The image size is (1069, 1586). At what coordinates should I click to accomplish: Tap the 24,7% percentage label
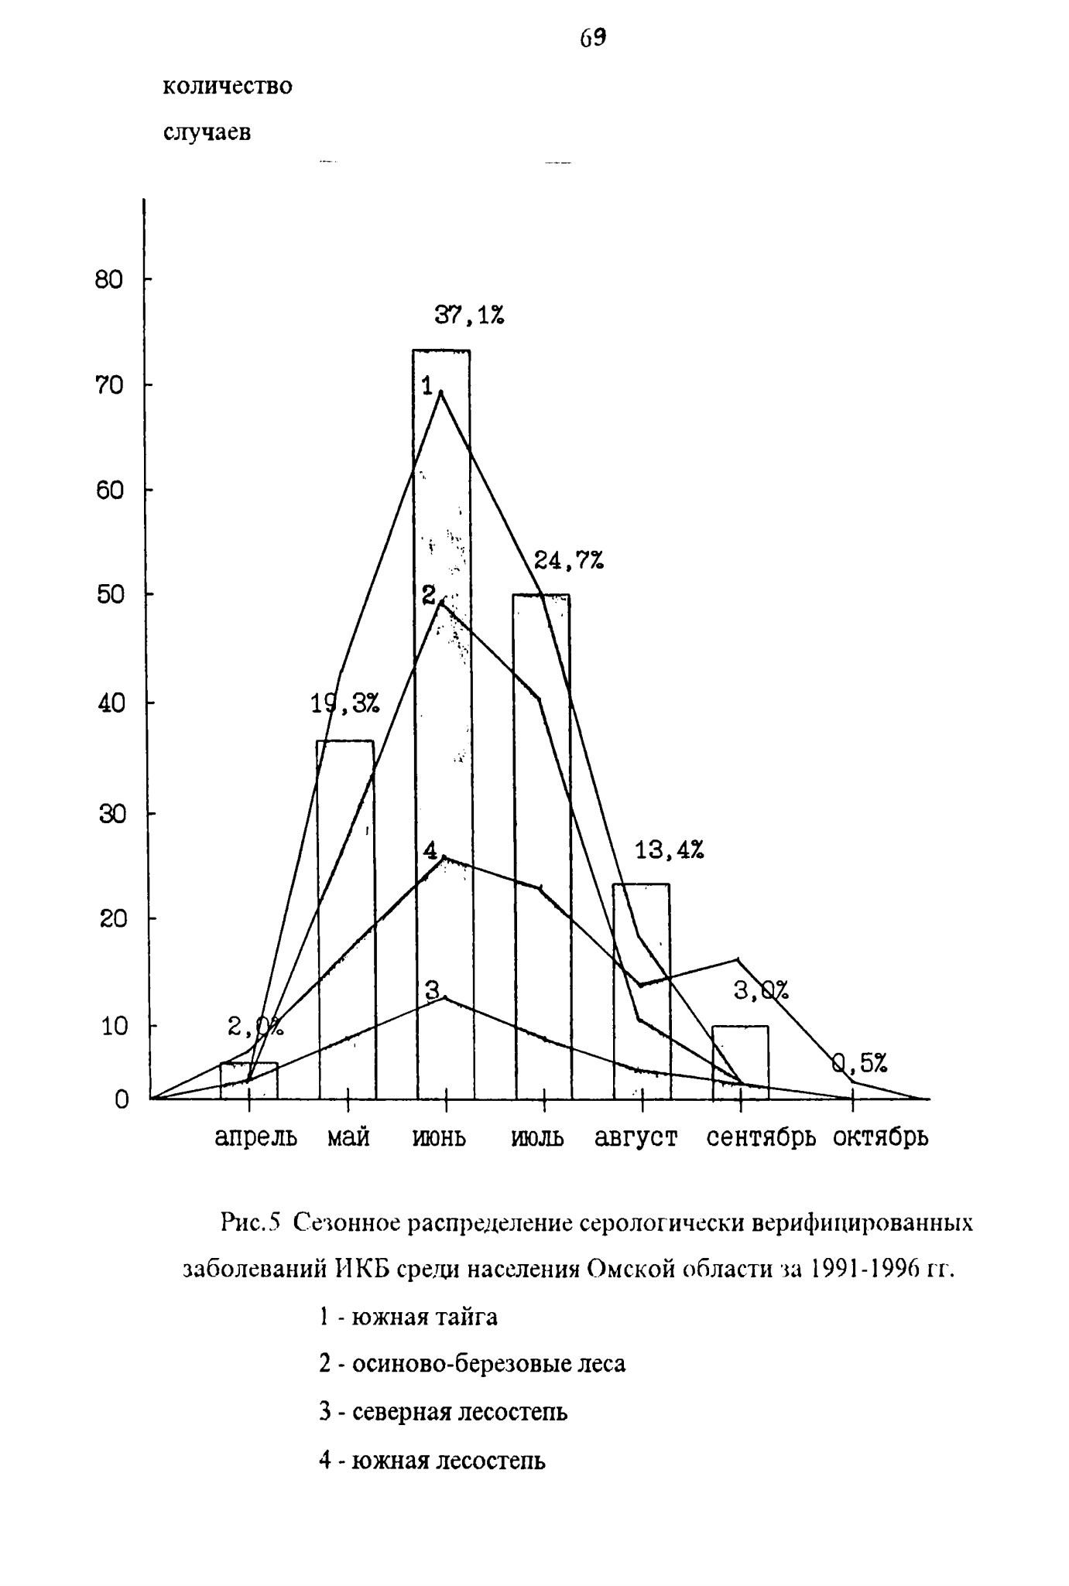569,560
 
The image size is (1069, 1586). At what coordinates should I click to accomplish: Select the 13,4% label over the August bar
670,851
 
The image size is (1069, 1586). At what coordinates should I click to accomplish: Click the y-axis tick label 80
109,279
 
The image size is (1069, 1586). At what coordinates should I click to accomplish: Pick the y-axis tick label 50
109,594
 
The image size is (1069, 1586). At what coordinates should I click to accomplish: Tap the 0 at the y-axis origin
121,1099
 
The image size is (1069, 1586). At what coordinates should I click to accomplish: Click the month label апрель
255,1138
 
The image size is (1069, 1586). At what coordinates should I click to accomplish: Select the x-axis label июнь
440,1138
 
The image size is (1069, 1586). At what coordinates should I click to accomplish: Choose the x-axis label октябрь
881,1138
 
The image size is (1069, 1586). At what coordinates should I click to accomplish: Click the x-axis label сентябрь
762,1138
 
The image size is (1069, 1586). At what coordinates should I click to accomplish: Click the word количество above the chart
228,86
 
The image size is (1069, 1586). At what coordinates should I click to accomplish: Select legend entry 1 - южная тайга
408,1317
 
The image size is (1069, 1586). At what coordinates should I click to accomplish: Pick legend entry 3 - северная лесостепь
443,1412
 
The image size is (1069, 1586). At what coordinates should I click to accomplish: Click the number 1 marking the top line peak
427,386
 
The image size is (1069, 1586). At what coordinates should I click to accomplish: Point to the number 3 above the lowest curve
433,989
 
